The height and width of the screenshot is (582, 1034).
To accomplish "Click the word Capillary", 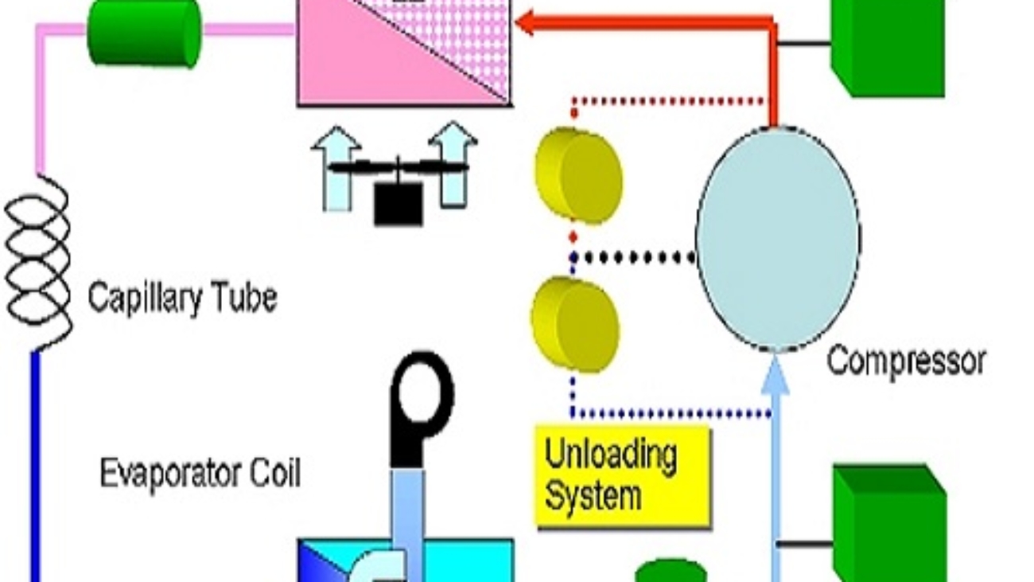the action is (x=145, y=299).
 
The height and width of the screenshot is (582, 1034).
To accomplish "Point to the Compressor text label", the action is (x=906, y=362).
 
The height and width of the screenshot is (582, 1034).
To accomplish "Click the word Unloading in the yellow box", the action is (x=611, y=456).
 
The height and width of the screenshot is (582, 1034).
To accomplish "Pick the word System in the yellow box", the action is (x=593, y=497).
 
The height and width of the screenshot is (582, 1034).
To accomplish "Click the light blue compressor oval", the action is (x=778, y=238).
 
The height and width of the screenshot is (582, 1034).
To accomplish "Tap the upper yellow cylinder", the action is (x=578, y=175).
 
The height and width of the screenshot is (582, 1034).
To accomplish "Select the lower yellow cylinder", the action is (x=575, y=325).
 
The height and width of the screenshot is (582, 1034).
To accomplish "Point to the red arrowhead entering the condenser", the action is (x=525, y=22).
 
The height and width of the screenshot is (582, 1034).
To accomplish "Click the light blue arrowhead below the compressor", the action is (x=775, y=376).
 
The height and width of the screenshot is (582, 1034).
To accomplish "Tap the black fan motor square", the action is (x=398, y=204).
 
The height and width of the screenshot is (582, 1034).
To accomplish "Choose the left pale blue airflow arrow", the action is (x=337, y=168).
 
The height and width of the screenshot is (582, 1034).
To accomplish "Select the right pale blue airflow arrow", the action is (x=453, y=163).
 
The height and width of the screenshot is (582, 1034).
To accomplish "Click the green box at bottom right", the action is (x=889, y=523).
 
